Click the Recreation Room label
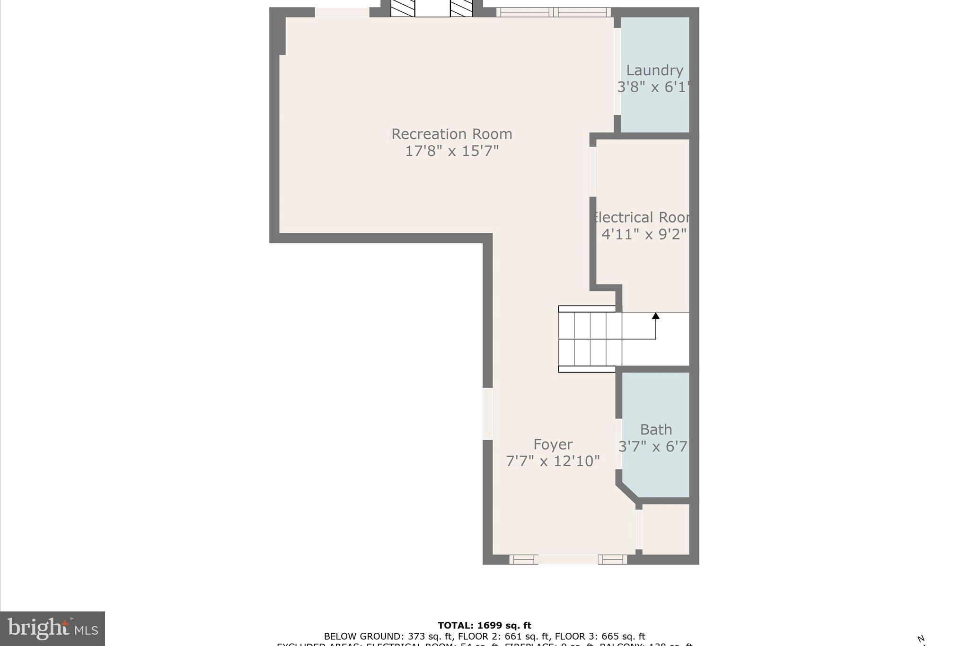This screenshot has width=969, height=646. point(451,134)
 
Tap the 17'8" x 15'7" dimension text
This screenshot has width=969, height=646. point(451,151)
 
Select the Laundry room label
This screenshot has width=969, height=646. point(654,71)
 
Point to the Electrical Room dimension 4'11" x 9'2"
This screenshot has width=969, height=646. point(643,234)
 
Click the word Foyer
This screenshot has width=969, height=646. point(553,444)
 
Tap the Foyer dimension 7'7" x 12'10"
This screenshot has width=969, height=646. point(553,461)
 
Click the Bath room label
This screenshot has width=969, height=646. point(656,430)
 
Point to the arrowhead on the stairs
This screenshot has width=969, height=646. point(656,316)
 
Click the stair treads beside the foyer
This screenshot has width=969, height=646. point(590,339)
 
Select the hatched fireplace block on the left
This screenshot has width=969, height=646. point(403,9)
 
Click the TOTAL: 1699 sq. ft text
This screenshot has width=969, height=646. point(484,626)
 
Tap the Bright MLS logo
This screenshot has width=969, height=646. point(53,628)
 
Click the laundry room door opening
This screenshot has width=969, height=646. point(617,71)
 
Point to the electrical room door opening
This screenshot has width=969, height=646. point(592,171)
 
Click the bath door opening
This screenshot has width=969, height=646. point(618,444)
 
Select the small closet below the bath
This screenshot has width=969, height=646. point(665,529)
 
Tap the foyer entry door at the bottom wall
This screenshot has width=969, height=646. point(568,559)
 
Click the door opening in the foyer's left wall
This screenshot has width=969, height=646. point(487,414)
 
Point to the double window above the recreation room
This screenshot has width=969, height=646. point(553,12)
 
